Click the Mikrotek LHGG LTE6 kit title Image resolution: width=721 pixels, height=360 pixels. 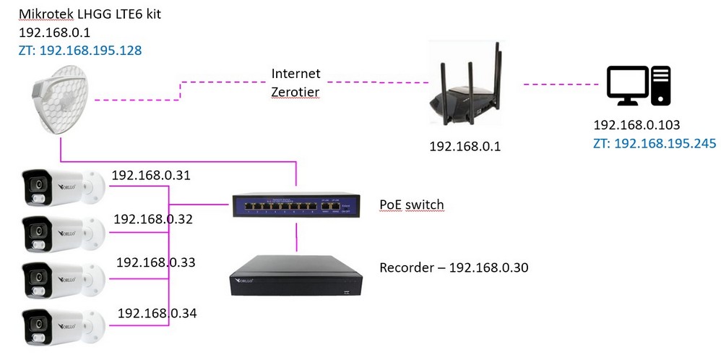coord(90,14)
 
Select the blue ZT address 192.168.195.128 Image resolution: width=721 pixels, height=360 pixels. coord(80,50)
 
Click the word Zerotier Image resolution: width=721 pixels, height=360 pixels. coord(295,92)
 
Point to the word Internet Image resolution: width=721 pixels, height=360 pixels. coord(295,73)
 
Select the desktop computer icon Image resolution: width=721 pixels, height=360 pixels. coord(638,85)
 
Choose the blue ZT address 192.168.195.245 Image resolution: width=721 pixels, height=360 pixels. coord(655,143)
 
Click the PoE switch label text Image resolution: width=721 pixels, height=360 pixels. coord(412,205)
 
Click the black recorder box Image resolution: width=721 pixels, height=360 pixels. coord(295,274)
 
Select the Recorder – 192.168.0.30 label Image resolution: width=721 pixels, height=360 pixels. coord(454,267)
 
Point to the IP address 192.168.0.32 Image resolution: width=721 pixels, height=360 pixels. coord(153,218)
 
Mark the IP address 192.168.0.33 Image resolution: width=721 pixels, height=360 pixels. coord(156,262)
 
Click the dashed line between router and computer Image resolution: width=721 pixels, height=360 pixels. coord(561,85)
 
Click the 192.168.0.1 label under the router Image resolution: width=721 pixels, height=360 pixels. coord(465,147)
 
